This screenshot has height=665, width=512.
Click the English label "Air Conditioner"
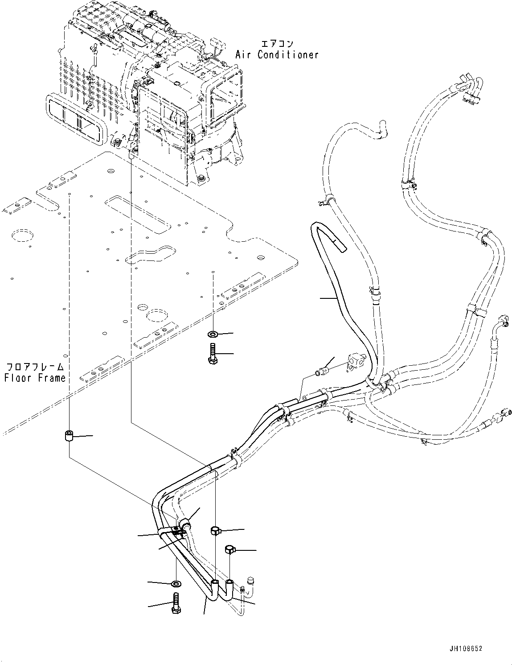(x=277, y=55)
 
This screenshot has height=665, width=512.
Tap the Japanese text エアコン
(x=277, y=44)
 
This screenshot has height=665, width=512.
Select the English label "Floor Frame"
(x=35, y=378)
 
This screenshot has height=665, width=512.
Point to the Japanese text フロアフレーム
(x=35, y=367)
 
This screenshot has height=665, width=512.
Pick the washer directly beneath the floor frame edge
(x=213, y=334)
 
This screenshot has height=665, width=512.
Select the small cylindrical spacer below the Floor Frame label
(x=69, y=436)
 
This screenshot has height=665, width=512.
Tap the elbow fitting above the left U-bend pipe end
(x=215, y=530)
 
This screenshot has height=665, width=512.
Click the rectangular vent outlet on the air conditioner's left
(x=76, y=121)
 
